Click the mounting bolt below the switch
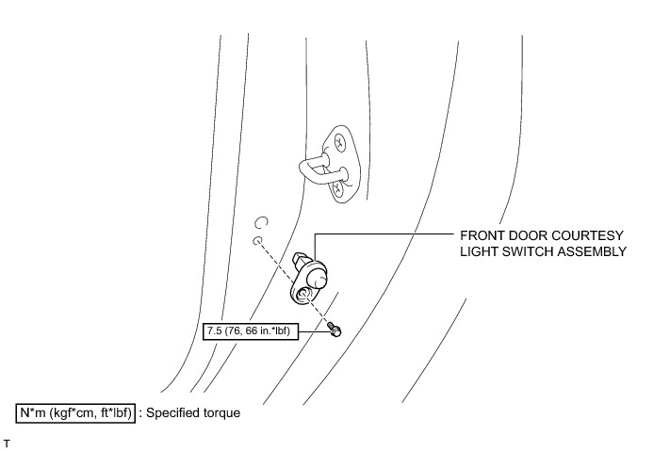pos(335,330)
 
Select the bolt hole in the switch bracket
pos(304,293)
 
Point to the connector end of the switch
pos(299,260)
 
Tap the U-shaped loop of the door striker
pos(315,170)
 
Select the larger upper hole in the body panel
pos(261,222)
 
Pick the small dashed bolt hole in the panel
pos(257,241)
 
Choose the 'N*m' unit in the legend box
pos(33,413)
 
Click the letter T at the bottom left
pos(7,443)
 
